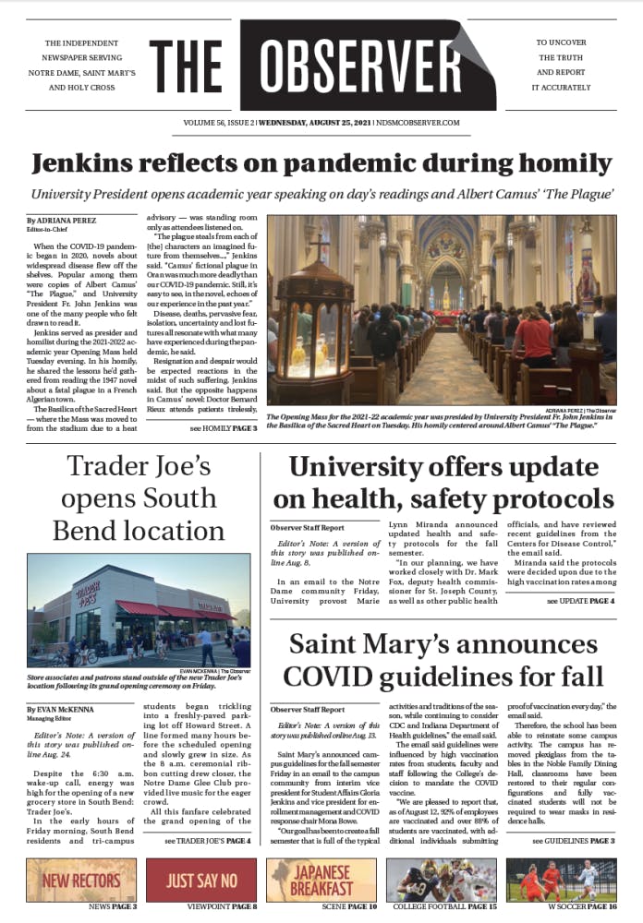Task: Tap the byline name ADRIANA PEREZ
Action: tap(68, 222)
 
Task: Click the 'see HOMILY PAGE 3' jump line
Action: tap(221, 430)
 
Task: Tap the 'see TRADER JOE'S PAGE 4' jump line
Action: tap(207, 841)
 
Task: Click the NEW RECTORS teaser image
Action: tap(80, 880)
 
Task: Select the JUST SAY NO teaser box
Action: tap(200, 880)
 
